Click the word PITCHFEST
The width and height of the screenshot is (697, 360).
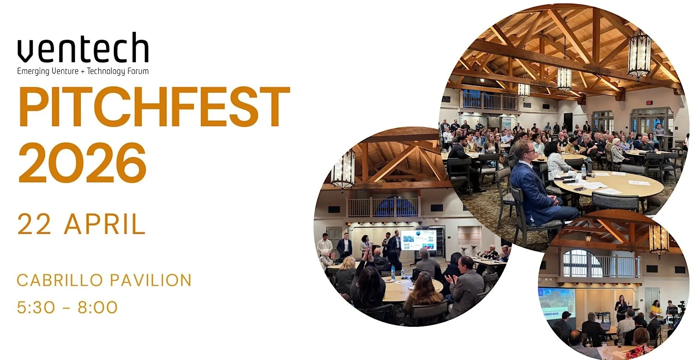(154, 106)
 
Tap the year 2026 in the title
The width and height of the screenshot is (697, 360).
(82, 162)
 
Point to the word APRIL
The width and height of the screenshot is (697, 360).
(105, 224)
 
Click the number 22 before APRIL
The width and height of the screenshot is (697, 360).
(34, 224)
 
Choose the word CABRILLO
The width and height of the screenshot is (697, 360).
(60, 280)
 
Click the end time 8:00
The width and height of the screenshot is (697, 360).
(98, 307)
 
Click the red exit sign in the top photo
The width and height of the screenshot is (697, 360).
(649, 102)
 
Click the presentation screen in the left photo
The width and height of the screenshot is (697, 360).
(418, 240)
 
